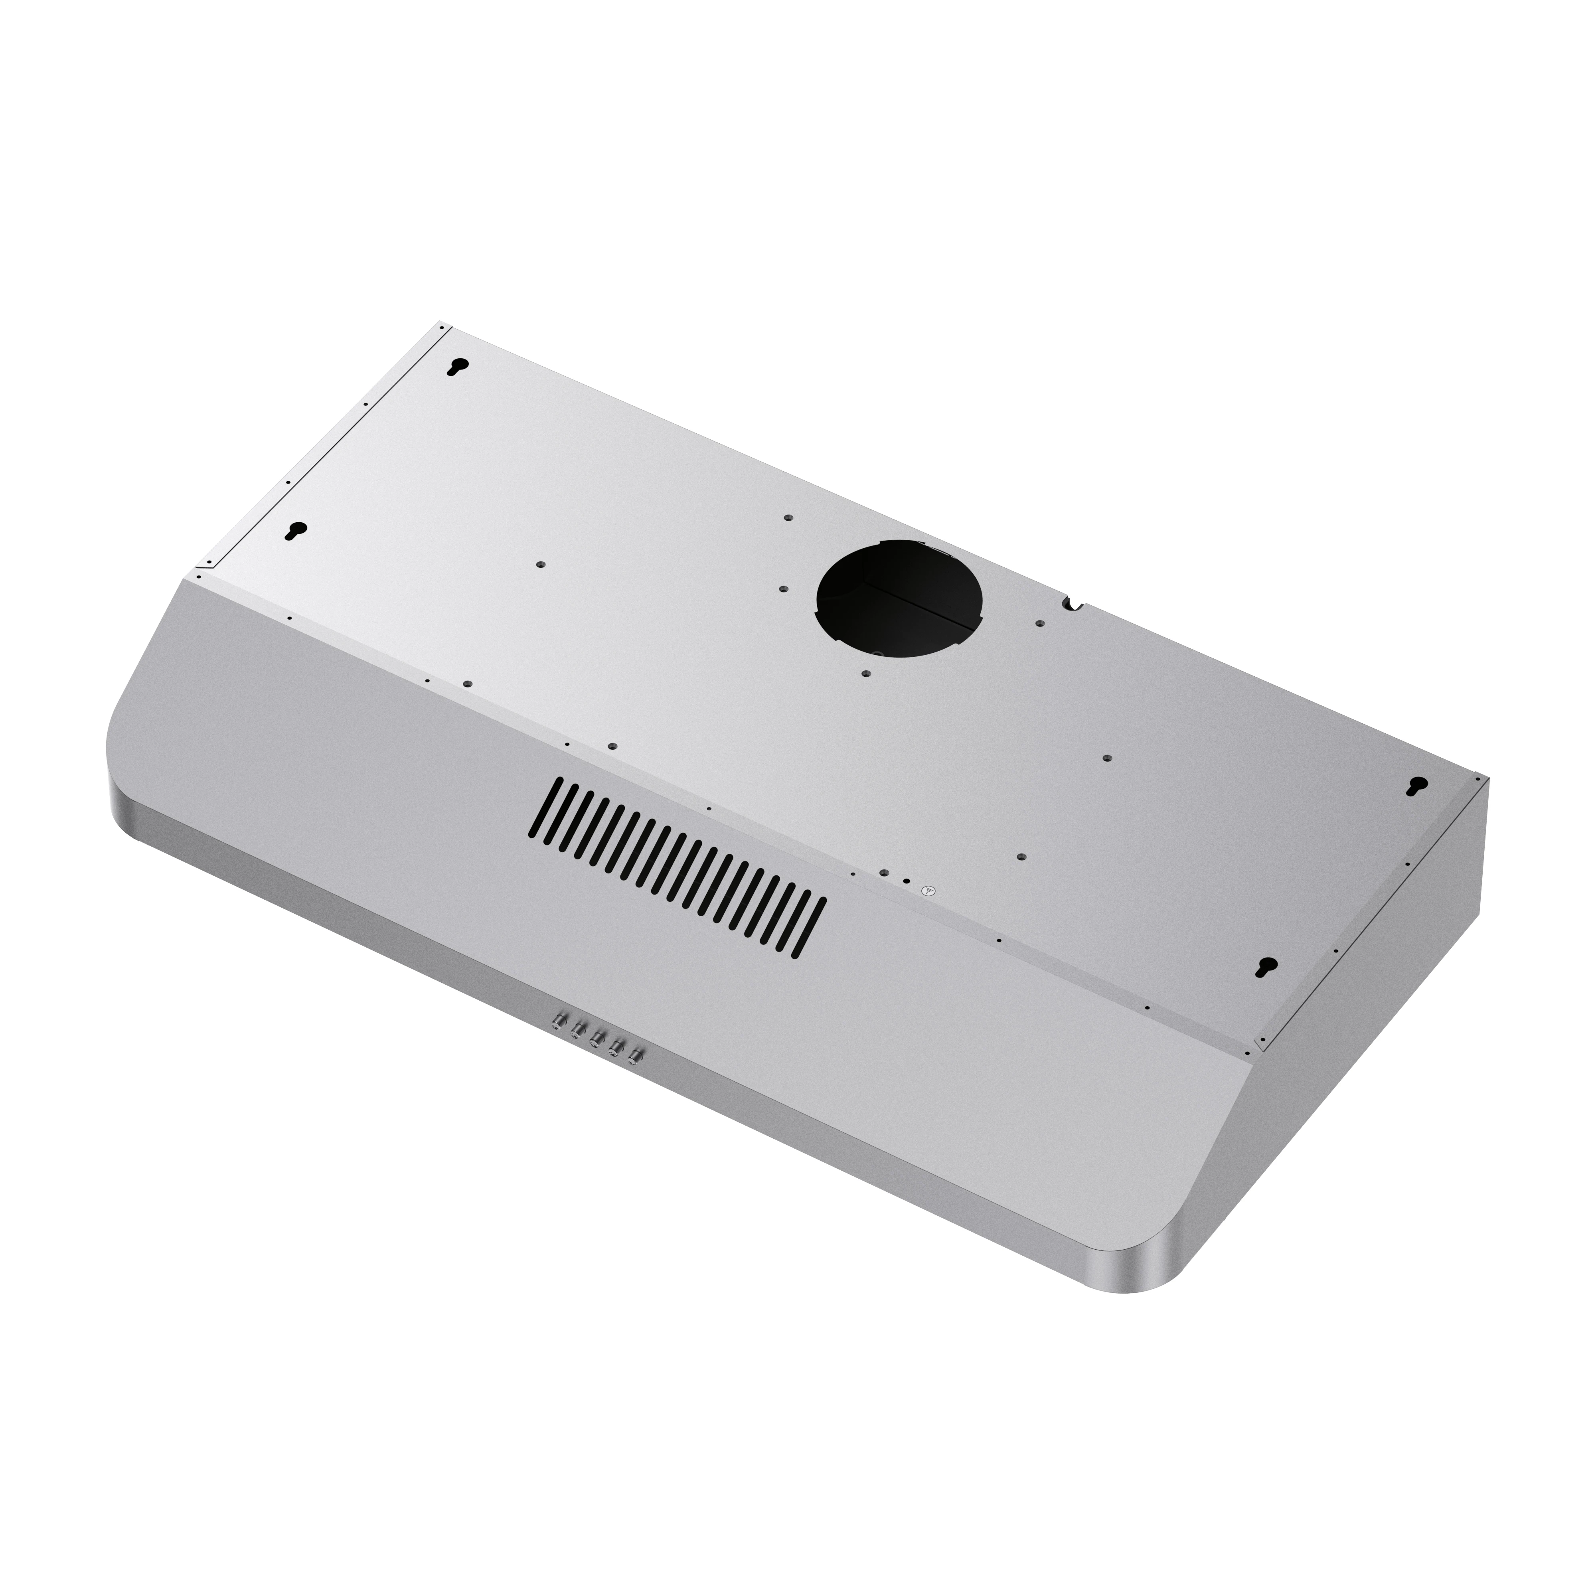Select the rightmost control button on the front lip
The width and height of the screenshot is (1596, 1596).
pos(635,1056)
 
